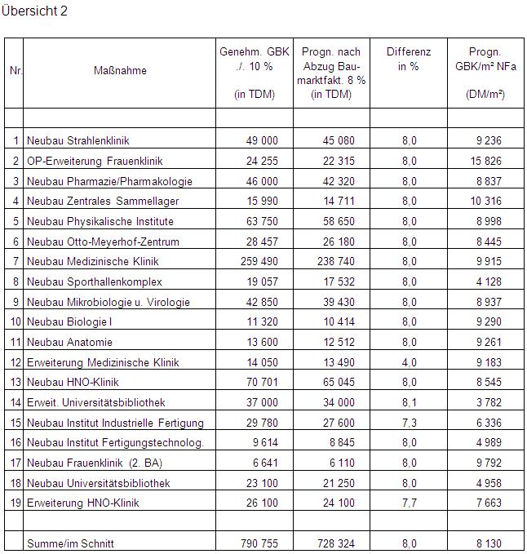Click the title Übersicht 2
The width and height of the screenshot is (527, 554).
tap(35, 11)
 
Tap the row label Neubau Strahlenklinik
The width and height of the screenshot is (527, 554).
tap(78, 141)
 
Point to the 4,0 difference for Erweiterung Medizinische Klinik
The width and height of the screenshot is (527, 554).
tap(409, 362)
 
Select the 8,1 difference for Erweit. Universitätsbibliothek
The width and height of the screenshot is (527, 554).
tap(409, 402)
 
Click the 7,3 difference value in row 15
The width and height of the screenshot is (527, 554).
tap(409, 423)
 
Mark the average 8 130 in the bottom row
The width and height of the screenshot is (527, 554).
tap(488, 543)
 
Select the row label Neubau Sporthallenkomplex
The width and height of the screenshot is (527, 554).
tap(95, 282)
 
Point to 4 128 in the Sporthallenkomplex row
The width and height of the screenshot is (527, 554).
tap(488, 282)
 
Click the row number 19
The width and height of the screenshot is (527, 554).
tap(15, 503)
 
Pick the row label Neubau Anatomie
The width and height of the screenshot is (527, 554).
tap(69, 343)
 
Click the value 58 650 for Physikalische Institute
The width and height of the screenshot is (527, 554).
tap(334, 222)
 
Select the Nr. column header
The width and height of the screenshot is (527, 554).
tap(15, 70)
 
